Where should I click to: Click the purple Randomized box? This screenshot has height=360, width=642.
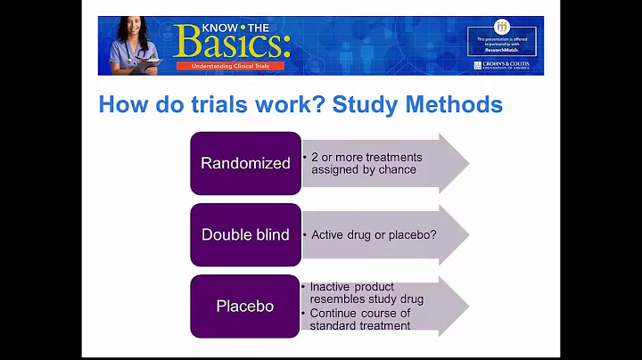point(245,163)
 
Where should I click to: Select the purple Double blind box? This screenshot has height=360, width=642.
point(245,235)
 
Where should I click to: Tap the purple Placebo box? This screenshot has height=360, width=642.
point(245,307)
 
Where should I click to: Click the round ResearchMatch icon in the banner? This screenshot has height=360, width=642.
point(501,27)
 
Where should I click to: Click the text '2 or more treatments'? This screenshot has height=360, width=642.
point(366,157)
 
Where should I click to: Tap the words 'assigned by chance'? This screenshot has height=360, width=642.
point(364,169)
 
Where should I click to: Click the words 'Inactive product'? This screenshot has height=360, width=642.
point(351,287)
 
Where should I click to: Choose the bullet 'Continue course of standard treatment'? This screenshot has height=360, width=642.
point(360,319)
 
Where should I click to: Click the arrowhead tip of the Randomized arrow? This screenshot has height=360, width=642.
point(466,163)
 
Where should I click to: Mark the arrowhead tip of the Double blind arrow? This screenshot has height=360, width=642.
point(466,235)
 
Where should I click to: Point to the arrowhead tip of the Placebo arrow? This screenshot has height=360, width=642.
point(466,307)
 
